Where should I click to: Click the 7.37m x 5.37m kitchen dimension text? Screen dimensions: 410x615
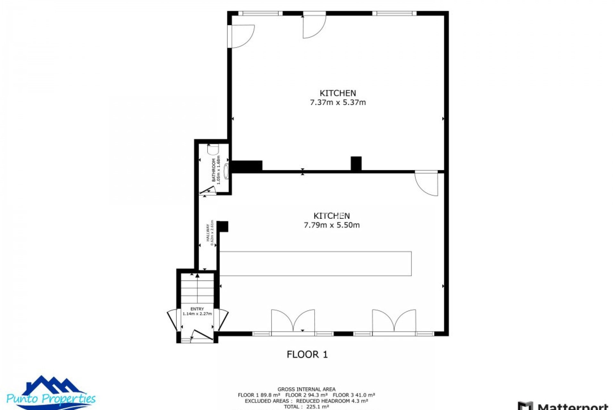tap(338, 102)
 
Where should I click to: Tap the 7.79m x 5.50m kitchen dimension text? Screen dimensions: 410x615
tap(332, 225)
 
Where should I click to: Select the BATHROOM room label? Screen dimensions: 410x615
tap(214, 170)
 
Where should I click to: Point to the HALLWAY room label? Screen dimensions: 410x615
tap(208, 233)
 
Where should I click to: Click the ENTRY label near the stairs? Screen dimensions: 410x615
tap(197, 309)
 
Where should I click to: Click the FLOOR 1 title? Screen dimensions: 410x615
tap(307, 354)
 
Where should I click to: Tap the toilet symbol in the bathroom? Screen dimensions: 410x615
tap(213, 150)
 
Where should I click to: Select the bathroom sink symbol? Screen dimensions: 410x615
tap(226, 171)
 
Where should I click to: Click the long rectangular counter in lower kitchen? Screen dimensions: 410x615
tap(315, 263)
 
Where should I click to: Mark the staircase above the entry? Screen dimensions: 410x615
tap(197, 288)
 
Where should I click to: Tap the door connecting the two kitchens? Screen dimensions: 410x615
tap(427, 184)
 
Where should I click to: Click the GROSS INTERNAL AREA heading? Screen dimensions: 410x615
tap(306, 389)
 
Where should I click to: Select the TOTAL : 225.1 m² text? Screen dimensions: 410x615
tap(306, 406)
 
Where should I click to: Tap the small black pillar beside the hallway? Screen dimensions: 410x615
tap(223, 226)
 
